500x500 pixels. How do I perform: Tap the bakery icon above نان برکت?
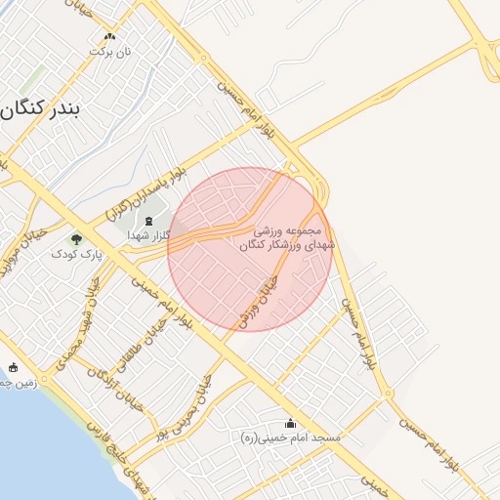[109, 36]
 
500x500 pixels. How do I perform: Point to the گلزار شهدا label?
[149, 235]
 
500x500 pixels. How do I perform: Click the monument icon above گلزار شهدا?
[148, 222]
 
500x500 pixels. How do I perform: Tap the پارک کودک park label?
[77, 254]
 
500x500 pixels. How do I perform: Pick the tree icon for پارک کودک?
[76, 238]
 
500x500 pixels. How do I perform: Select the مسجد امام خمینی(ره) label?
[291, 438]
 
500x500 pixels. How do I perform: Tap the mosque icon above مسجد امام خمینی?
[290, 423]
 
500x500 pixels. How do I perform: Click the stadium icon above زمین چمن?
[14, 368]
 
